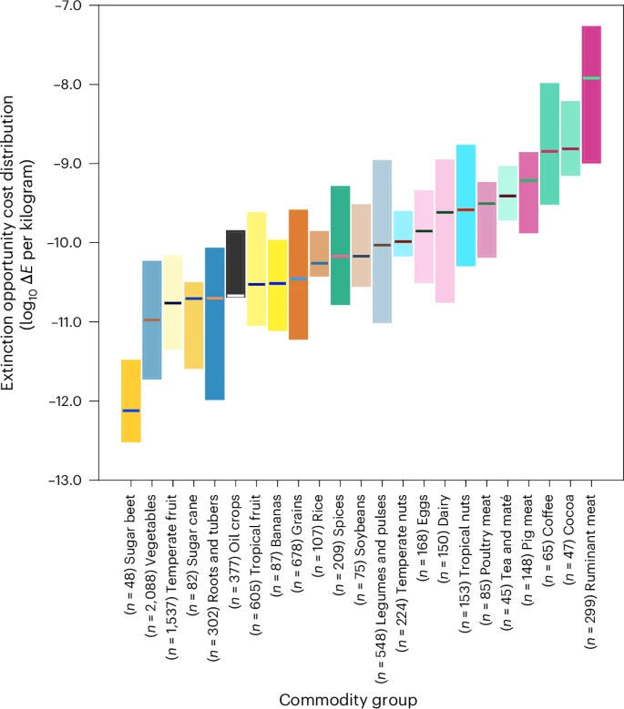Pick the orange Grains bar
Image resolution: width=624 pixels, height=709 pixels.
pyautogui.click(x=298, y=274)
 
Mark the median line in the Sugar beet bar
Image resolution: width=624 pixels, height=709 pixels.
pyautogui.click(x=131, y=410)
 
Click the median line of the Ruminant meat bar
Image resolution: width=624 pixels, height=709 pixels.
pyautogui.click(x=591, y=78)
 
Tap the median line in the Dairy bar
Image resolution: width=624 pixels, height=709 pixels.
pyautogui.click(x=445, y=212)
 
